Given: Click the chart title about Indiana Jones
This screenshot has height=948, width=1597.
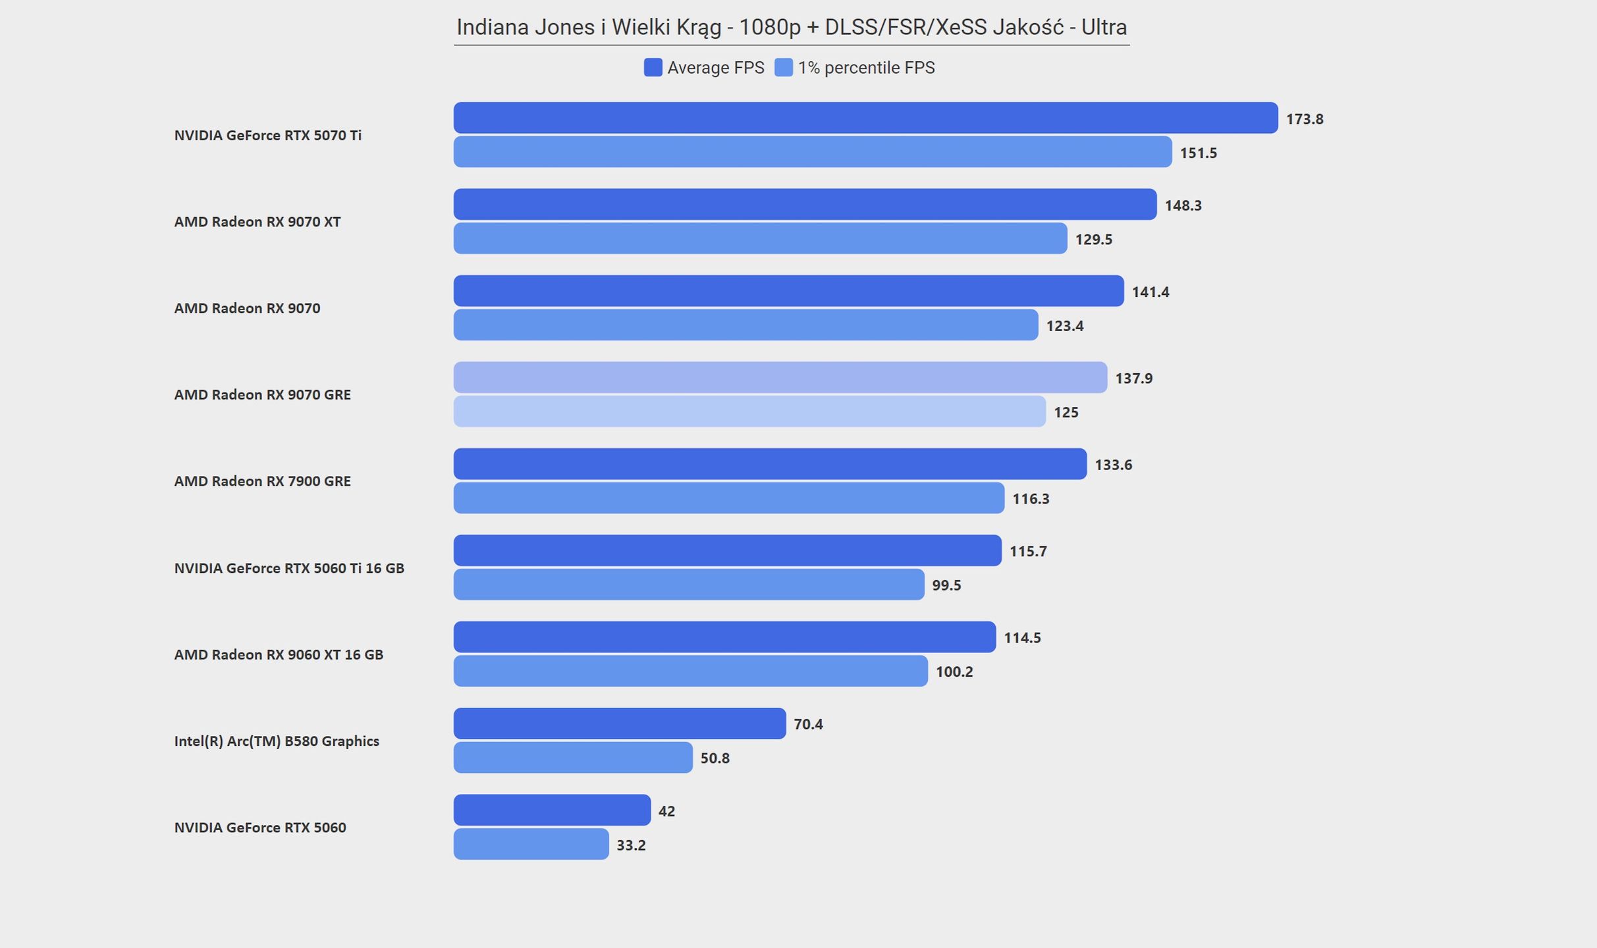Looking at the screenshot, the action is tap(792, 27).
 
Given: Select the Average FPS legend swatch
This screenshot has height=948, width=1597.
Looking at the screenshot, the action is tap(653, 67).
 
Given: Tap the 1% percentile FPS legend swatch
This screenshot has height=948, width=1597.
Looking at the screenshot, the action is tap(784, 67).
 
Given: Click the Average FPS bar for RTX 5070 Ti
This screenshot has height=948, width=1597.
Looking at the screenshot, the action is tap(865, 118).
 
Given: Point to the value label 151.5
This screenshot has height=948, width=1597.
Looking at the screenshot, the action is tap(1198, 153).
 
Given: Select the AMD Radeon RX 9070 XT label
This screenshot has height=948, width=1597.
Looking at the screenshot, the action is tap(257, 222).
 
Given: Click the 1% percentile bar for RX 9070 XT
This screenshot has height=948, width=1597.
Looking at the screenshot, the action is tap(760, 238).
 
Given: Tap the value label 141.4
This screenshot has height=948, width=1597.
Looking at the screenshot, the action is tap(1150, 292).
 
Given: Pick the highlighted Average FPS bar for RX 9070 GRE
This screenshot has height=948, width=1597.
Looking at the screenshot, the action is tap(780, 377).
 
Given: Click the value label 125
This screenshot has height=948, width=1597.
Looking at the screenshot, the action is tap(1066, 412).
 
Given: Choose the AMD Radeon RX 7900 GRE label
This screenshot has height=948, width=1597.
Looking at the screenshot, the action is tap(263, 481).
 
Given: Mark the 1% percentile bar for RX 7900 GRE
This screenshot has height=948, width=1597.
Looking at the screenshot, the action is tap(729, 498).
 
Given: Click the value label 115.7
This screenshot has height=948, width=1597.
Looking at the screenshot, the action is tap(1028, 551).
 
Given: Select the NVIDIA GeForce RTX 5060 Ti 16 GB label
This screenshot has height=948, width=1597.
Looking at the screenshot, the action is tap(289, 568).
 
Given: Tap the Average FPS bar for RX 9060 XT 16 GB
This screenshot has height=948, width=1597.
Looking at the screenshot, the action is tap(724, 637).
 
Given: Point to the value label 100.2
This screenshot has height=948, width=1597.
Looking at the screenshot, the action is tap(954, 671).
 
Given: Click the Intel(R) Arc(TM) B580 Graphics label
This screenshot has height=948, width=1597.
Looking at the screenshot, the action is tap(277, 741).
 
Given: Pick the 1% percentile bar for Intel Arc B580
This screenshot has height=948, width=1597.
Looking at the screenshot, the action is tap(573, 757).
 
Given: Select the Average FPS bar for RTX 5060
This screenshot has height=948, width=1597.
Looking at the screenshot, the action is tap(552, 810).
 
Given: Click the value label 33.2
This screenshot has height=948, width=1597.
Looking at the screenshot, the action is tap(631, 845).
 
